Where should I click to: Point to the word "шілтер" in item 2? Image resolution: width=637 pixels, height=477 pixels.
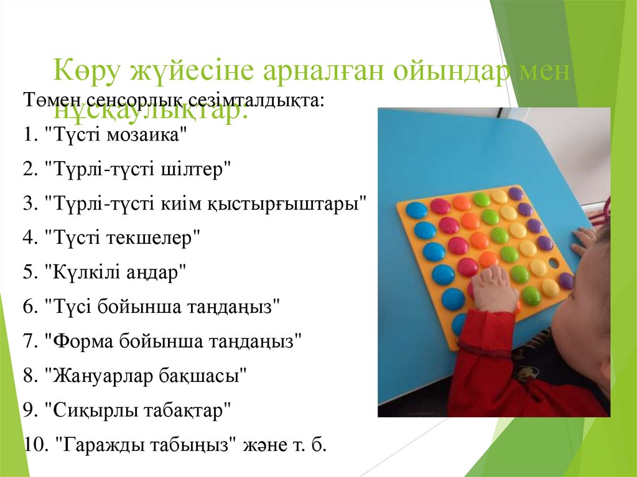coord(200,170)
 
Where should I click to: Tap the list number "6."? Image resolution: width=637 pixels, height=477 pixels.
coord(30,307)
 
